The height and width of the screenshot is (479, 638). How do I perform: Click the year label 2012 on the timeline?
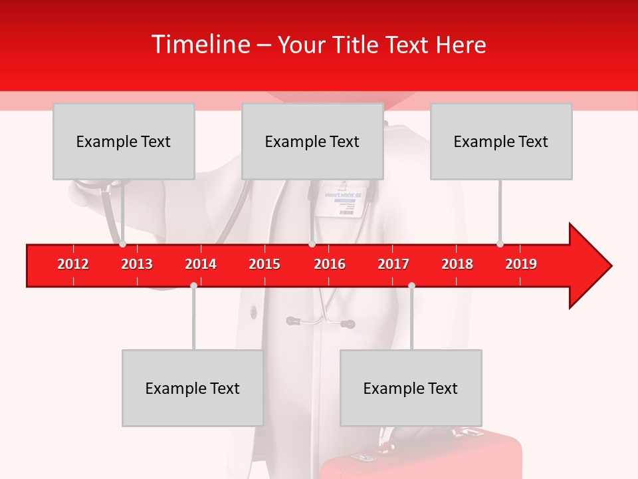tap(73, 264)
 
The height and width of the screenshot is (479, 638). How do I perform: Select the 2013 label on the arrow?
tap(137, 264)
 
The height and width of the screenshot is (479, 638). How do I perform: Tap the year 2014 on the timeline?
tap(201, 264)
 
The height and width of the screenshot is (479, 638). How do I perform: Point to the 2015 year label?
tap(265, 264)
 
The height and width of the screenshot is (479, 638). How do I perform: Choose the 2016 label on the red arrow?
tap(330, 264)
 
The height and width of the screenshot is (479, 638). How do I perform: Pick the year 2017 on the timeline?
tap(393, 264)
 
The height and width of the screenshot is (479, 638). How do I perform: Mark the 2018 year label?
tap(457, 264)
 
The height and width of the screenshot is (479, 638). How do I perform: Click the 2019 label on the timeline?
tap(521, 264)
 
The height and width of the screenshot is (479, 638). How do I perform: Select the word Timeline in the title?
tap(200, 45)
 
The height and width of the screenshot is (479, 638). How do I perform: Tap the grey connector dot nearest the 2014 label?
tap(193, 285)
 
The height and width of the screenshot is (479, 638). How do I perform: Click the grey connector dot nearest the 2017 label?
tap(411, 285)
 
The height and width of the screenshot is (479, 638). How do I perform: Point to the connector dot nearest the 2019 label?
tap(500, 244)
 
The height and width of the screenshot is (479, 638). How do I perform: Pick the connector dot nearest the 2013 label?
tap(122, 244)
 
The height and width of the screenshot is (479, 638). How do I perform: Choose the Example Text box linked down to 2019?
tap(501, 141)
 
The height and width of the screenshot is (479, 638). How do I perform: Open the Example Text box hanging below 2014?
tap(193, 388)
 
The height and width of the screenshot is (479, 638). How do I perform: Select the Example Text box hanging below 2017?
tap(411, 388)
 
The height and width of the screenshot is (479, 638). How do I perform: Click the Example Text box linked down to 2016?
tap(312, 141)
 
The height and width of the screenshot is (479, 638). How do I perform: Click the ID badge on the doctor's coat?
tap(344, 201)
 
